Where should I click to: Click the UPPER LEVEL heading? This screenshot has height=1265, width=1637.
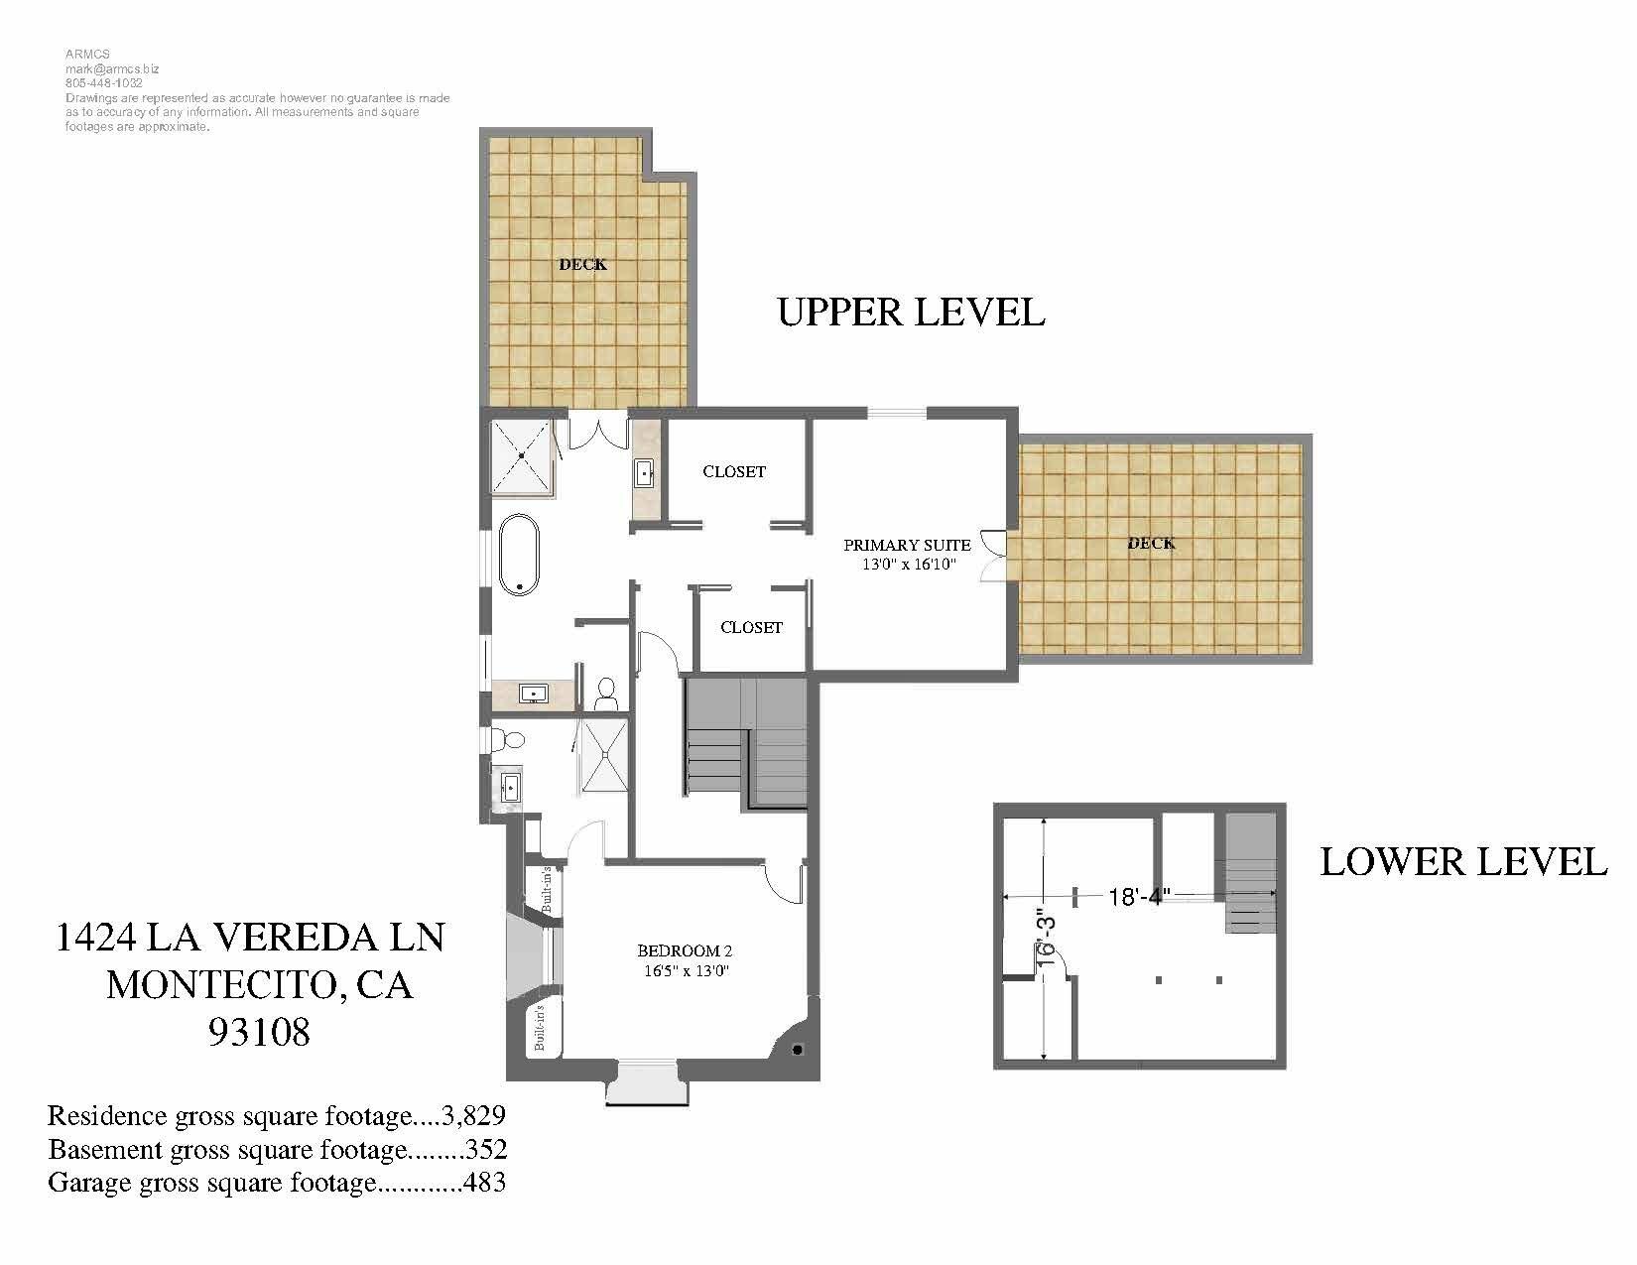click(911, 313)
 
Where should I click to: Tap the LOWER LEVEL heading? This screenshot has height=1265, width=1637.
click(1462, 861)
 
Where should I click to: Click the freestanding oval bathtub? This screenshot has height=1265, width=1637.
click(519, 554)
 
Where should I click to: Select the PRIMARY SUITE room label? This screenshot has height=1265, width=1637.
click(907, 546)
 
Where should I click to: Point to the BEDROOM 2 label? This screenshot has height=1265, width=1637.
click(685, 951)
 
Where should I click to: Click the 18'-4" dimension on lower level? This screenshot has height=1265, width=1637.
click(1139, 897)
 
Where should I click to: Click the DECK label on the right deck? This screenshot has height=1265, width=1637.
click(1151, 543)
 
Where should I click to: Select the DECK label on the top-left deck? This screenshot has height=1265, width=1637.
click(582, 264)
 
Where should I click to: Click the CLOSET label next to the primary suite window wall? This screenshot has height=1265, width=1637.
click(734, 472)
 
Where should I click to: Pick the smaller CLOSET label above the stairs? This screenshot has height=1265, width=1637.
click(751, 628)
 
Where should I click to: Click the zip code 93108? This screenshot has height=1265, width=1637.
click(259, 1032)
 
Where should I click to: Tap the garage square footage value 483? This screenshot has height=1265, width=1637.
click(485, 1183)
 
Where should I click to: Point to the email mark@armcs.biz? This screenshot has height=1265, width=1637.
click(112, 69)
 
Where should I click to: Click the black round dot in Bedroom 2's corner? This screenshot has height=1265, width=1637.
click(798, 1050)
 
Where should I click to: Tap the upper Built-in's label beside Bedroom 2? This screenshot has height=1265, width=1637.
click(546, 889)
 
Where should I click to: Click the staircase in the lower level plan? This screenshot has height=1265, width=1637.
click(1250, 873)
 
